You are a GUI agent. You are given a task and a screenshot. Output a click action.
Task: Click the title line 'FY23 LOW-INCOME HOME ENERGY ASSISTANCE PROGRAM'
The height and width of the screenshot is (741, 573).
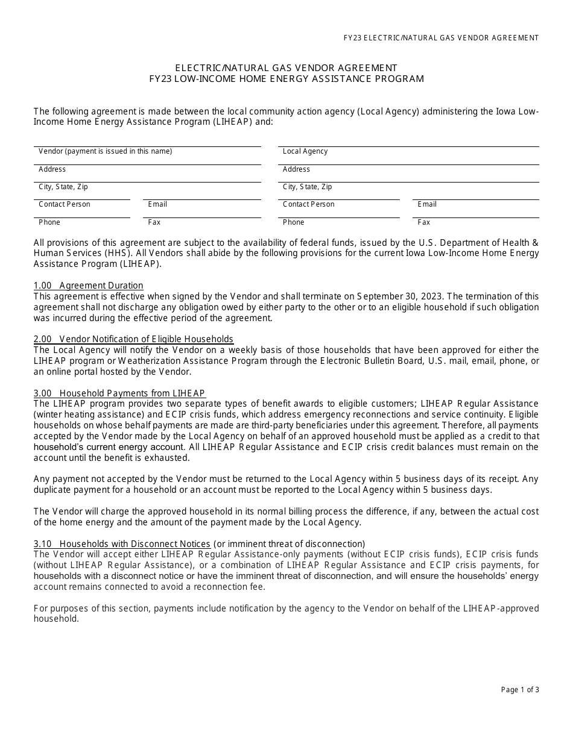(x=286, y=79)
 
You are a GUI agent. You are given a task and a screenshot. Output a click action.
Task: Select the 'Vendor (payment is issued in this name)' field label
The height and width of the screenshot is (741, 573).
(x=105, y=152)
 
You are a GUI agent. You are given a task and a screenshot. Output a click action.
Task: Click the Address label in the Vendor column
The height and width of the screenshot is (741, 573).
(x=52, y=169)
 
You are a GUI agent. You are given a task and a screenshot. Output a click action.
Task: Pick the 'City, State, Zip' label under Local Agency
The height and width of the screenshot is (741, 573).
(x=307, y=187)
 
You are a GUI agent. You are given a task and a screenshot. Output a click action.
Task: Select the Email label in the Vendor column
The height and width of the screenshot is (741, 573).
(x=157, y=204)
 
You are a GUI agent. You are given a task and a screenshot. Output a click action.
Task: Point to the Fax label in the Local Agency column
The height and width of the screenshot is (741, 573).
(x=424, y=222)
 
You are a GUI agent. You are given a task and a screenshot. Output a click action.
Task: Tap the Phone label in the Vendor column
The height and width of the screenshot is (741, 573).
(x=49, y=222)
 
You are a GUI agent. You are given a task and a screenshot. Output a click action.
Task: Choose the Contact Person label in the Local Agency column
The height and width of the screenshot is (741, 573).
(x=308, y=204)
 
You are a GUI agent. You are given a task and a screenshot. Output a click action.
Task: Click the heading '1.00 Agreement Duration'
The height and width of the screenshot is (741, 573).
(x=89, y=286)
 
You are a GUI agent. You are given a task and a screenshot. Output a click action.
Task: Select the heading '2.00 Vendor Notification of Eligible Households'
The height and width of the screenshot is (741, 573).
(x=133, y=339)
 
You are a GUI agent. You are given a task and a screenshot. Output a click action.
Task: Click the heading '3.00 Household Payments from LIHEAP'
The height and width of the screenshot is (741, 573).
(x=119, y=393)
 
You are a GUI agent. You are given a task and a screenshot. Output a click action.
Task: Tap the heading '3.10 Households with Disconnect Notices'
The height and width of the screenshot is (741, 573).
(x=122, y=544)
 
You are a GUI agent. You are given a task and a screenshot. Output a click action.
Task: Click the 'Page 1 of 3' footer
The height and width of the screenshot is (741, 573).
(x=520, y=690)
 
